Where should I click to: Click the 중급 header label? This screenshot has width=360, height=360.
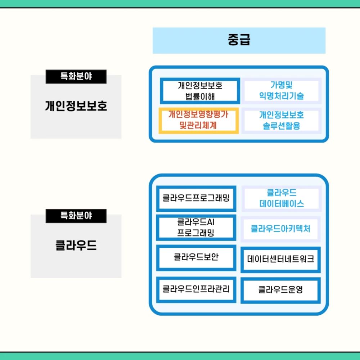pos(239,40)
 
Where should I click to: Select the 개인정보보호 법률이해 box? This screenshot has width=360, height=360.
pos(200,91)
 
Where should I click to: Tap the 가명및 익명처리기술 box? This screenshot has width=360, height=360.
pos(281,91)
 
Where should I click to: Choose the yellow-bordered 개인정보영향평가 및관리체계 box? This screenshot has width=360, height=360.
pos(198,120)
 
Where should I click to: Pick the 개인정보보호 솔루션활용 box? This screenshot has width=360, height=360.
pos(281,120)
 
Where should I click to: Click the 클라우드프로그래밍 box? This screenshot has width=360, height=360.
pos(196,198)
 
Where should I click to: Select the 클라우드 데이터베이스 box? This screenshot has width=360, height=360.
pos(281,198)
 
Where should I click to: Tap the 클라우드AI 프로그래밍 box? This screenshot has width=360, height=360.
pos(196,228)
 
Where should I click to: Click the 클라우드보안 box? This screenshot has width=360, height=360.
pos(196,257)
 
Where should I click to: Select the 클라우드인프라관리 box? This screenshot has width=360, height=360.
pos(196,289)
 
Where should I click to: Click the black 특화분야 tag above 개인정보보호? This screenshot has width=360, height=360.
pos(76,76)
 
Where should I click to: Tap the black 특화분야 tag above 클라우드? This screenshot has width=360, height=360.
pos(76,216)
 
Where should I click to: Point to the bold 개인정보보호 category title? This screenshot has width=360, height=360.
pos(76,106)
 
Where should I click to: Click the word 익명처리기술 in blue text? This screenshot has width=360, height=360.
pos(281,96)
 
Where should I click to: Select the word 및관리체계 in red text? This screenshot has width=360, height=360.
pos(198,125)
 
